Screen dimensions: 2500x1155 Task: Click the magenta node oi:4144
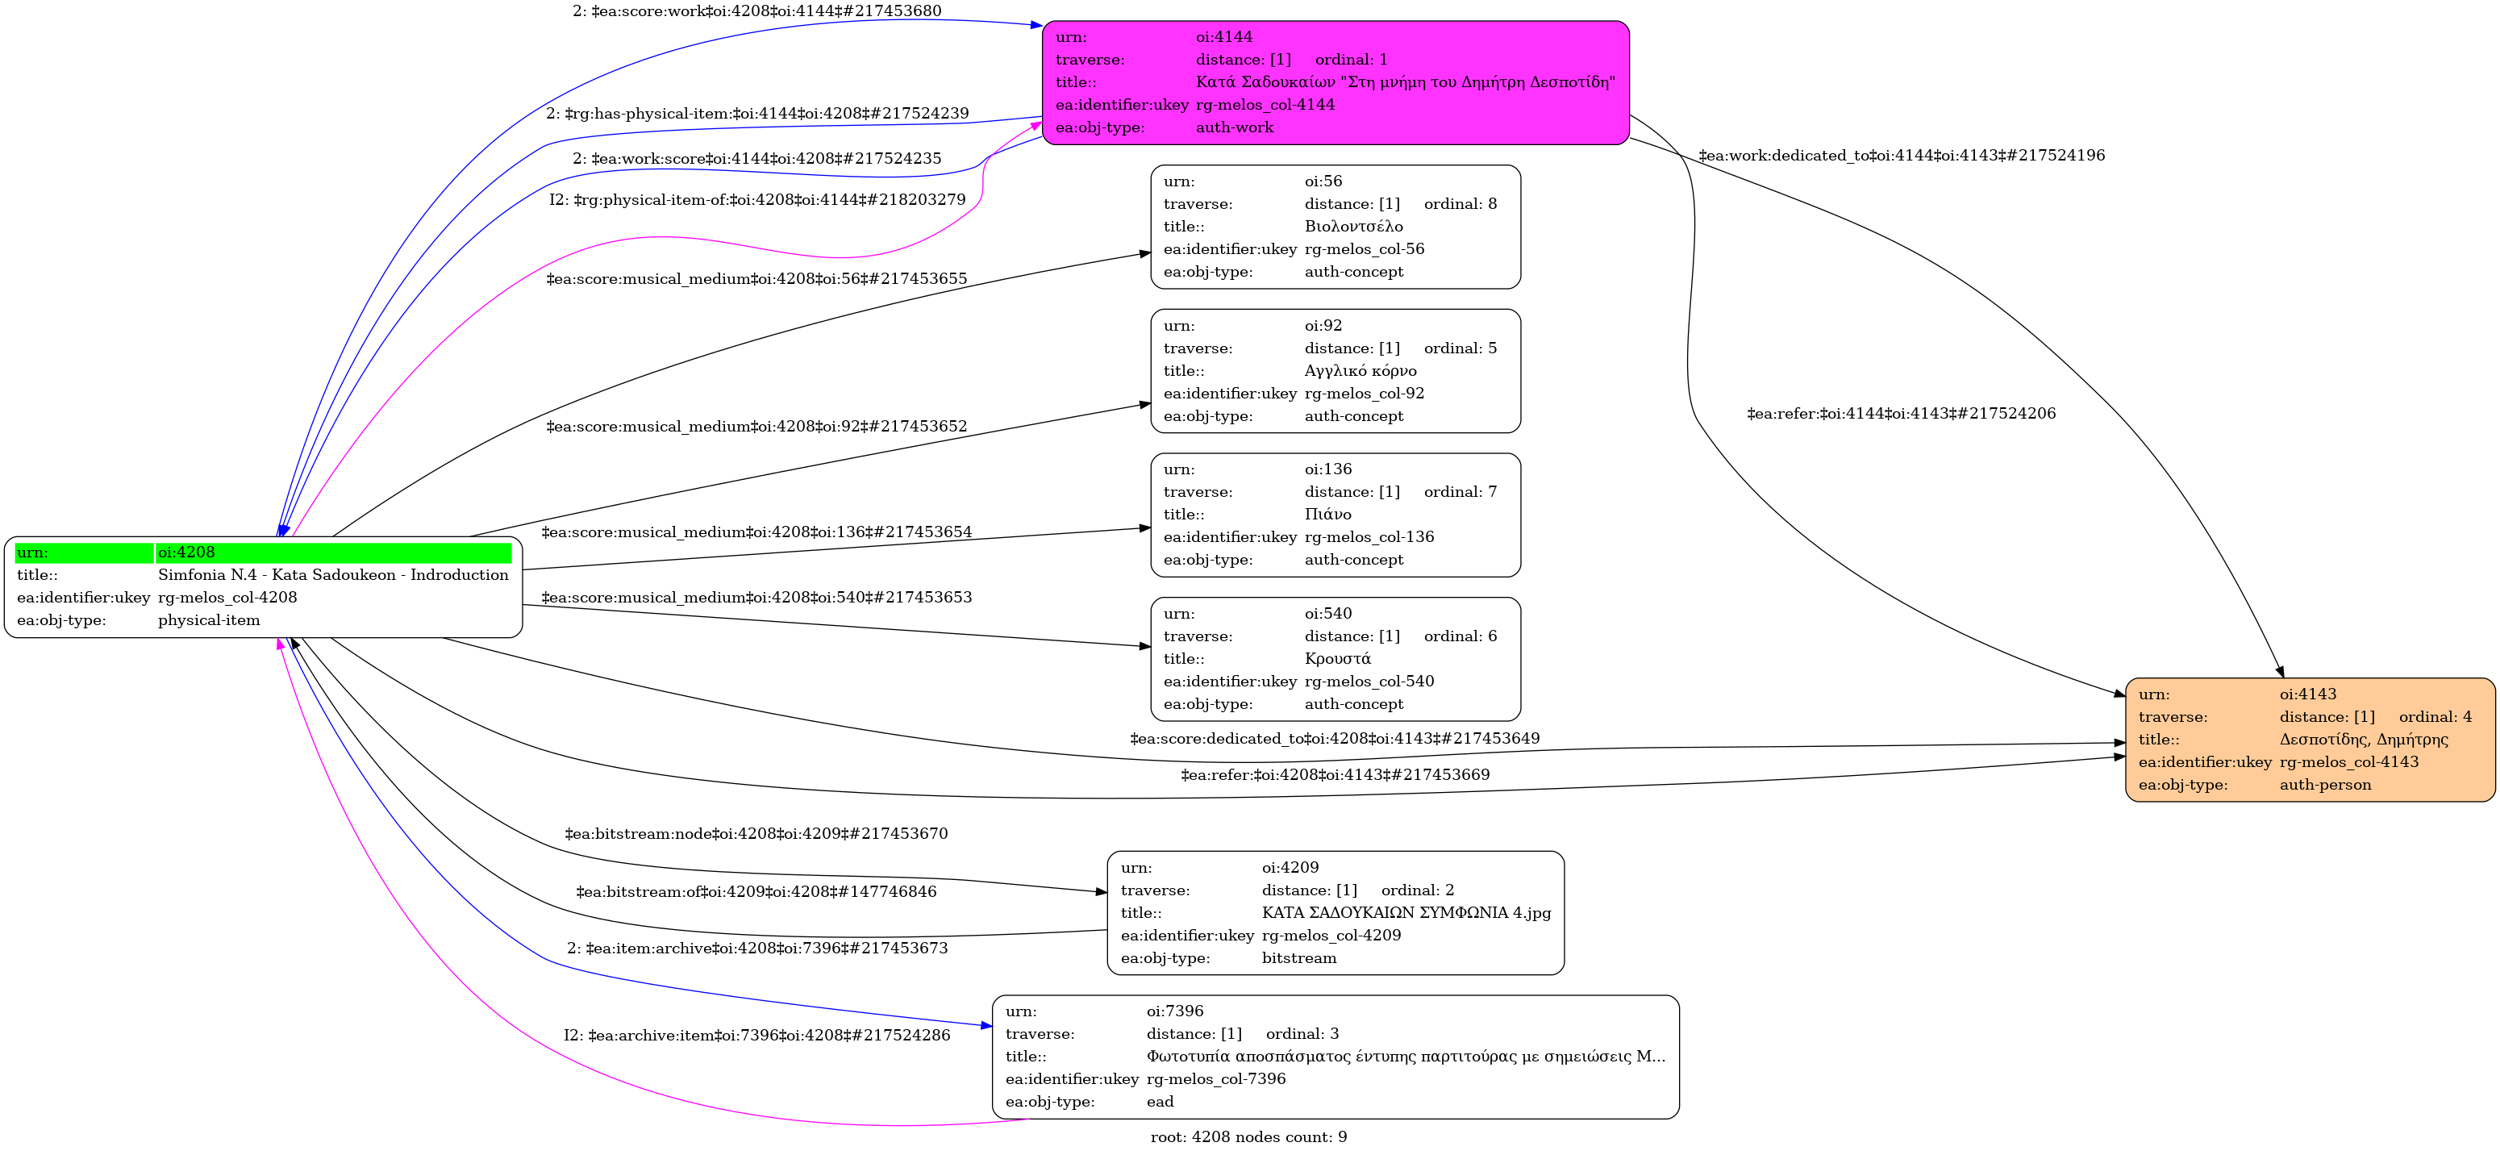[1335, 82]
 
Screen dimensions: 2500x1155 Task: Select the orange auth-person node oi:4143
[2310, 740]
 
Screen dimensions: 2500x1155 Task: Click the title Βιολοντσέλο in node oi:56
[1354, 226]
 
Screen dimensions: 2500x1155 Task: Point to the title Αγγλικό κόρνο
[1360, 371]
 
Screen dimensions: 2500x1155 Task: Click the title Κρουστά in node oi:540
[1337, 659]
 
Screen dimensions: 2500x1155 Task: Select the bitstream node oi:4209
[1335, 912]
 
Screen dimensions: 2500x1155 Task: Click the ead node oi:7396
[1335, 1057]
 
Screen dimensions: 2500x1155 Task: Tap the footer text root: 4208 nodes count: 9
[1249, 1136]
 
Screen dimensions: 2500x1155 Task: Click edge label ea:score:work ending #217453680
[757, 10]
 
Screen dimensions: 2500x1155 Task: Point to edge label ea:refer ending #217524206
[1901, 414]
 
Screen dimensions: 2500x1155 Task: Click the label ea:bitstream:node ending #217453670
[757, 834]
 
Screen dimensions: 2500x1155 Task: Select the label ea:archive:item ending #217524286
[757, 1036]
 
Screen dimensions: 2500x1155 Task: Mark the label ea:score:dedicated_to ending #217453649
[1335, 739]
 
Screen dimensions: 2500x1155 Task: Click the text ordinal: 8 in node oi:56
[1460, 204]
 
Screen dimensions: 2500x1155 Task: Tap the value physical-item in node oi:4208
[209, 620]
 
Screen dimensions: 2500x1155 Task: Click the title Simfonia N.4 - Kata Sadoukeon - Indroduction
[333, 574]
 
